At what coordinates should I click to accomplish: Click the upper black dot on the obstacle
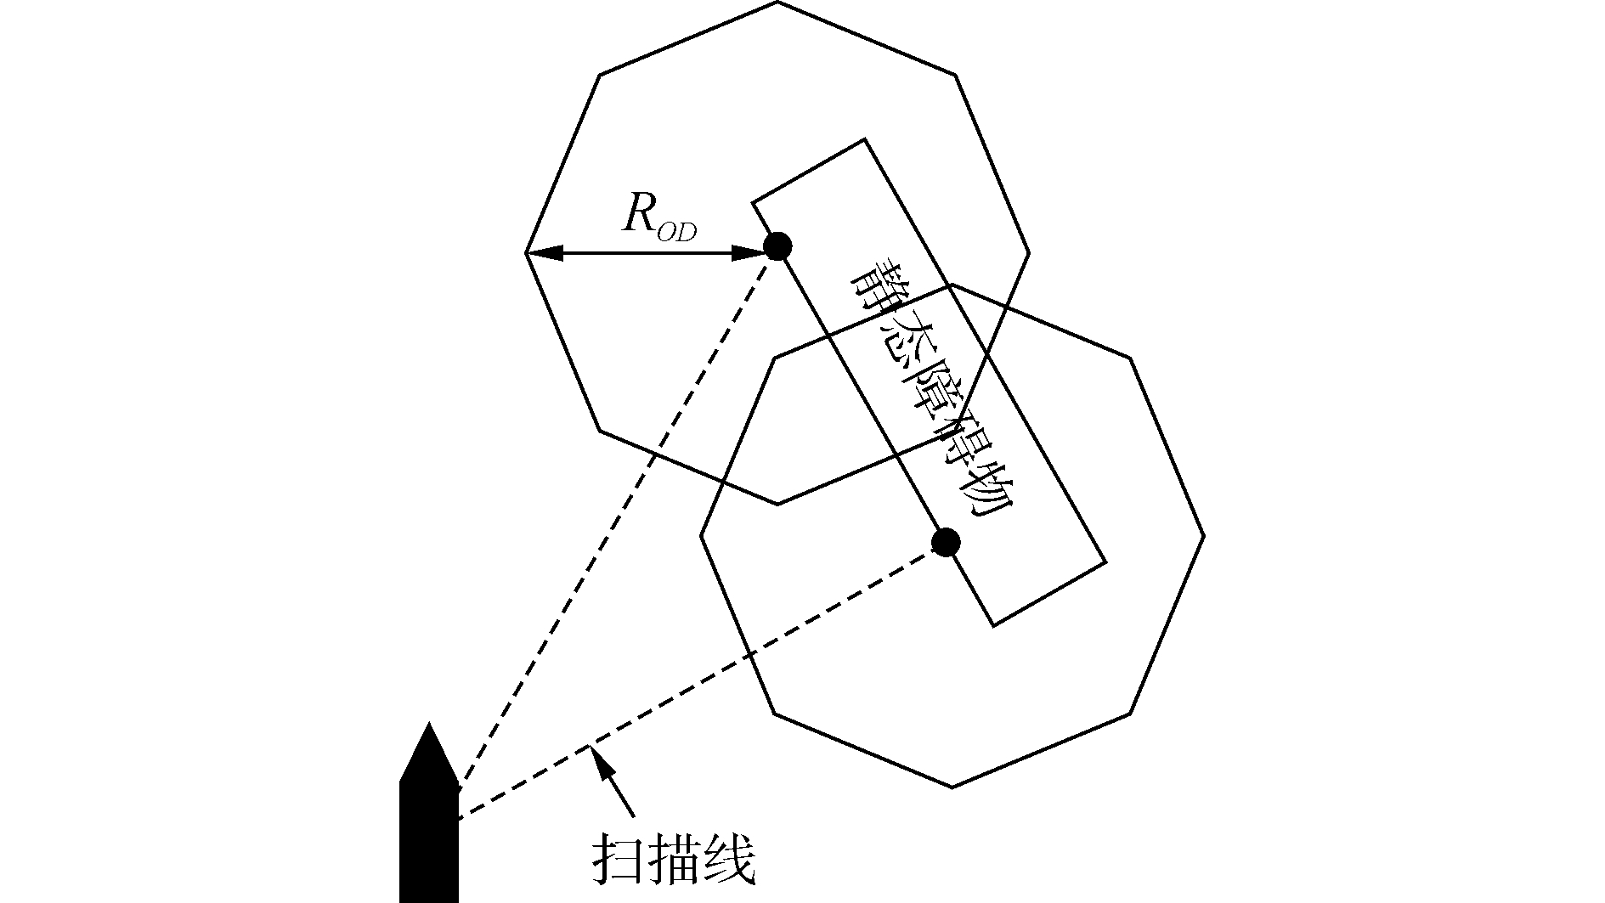click(777, 246)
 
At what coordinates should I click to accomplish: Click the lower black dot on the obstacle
click(946, 541)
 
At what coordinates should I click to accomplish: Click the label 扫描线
click(672, 863)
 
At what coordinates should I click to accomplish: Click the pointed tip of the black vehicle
click(429, 725)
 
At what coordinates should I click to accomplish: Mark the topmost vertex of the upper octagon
click(777, 2)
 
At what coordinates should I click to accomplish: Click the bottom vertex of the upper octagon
click(777, 504)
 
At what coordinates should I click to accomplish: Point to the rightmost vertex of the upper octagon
click(1029, 252)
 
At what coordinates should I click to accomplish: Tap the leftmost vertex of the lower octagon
click(701, 536)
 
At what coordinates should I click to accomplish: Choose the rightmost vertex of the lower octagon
click(1204, 536)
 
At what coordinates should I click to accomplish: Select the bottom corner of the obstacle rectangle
click(994, 626)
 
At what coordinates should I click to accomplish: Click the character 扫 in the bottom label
click(613, 863)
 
